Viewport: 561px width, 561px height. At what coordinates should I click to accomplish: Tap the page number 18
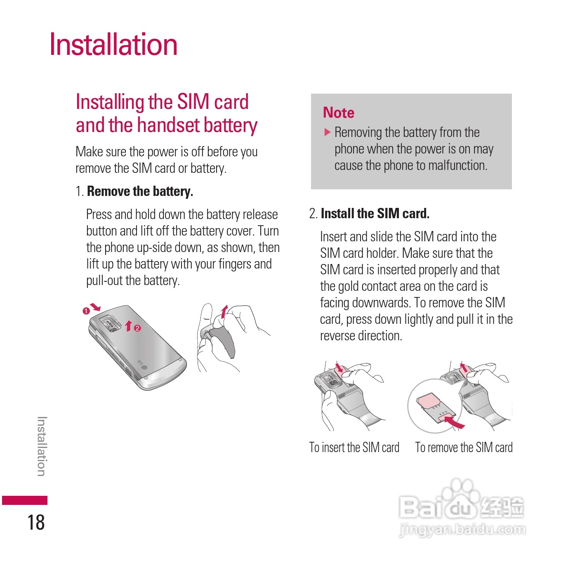click(x=36, y=522)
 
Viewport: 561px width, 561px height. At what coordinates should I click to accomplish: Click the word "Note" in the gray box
click(x=339, y=113)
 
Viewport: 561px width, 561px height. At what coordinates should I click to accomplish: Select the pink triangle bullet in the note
click(x=328, y=132)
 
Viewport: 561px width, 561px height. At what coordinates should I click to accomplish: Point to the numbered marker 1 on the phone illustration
click(x=86, y=311)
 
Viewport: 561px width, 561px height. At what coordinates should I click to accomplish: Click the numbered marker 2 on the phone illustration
click(x=137, y=328)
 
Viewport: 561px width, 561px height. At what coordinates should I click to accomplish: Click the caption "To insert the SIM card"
click(x=354, y=448)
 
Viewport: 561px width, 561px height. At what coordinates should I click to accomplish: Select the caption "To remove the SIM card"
click(x=464, y=448)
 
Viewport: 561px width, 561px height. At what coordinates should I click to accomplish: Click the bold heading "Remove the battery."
click(x=140, y=191)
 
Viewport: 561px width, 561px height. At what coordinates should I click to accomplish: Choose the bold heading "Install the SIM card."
click(x=375, y=214)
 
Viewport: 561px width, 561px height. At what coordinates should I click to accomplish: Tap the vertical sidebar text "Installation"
click(x=42, y=446)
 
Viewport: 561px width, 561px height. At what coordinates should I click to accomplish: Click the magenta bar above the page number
click(x=25, y=500)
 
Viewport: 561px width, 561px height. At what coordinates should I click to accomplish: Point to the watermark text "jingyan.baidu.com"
click(x=462, y=529)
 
